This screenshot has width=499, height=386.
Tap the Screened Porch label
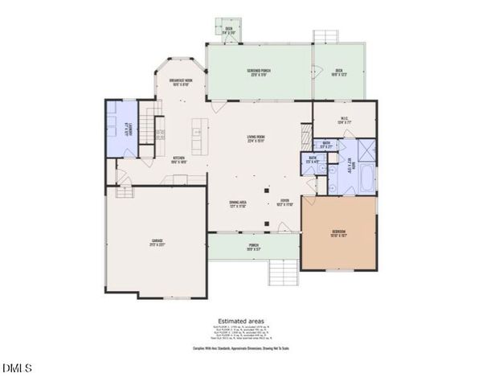(x=259, y=72)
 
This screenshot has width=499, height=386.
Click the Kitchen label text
(x=179, y=159)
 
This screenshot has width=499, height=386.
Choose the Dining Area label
(x=237, y=203)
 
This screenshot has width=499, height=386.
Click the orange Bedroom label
(x=339, y=235)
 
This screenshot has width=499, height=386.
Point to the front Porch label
(x=253, y=246)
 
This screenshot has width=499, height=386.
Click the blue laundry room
(x=121, y=129)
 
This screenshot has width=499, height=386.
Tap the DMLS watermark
(x=17, y=369)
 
